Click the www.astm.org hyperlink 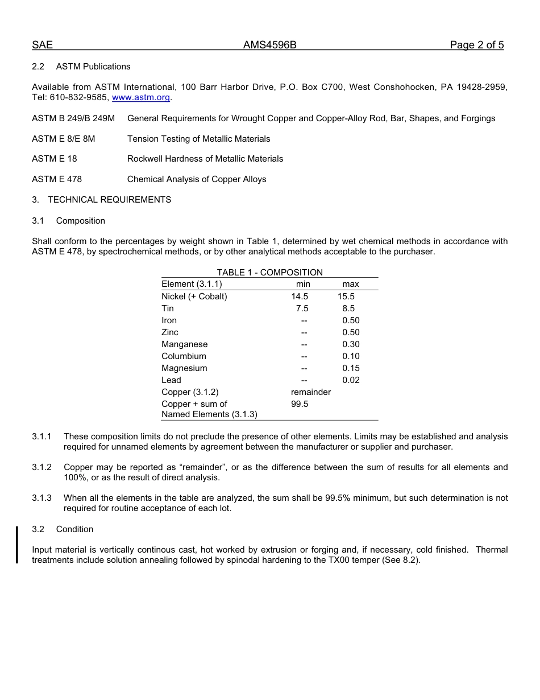(141, 97)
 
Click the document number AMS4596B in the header (269, 46)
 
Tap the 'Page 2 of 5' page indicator (476, 46)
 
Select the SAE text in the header (42, 46)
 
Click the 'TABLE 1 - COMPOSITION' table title (269, 273)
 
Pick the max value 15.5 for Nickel (346, 297)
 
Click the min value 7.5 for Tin (302, 308)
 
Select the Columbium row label (184, 356)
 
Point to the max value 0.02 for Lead (351, 380)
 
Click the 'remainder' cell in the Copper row (310, 392)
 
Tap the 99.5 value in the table (300, 404)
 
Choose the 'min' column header (303, 284)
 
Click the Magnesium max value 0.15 (351, 368)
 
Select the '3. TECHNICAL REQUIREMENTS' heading (101, 200)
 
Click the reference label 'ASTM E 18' (54, 159)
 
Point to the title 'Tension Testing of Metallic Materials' (198, 139)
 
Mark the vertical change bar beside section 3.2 (17, 545)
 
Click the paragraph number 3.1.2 (41, 467)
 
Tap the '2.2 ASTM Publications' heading (81, 67)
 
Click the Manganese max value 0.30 (351, 344)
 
